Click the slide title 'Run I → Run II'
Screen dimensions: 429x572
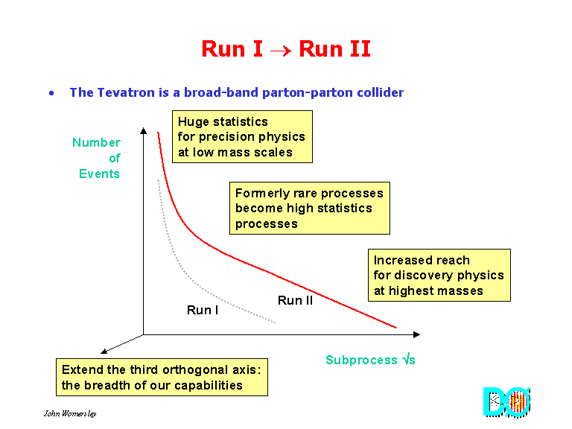pos(286,49)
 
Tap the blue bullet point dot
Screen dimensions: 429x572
pos(51,93)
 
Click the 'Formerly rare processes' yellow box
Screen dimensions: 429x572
pos(309,209)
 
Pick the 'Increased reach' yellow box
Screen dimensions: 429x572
pos(439,276)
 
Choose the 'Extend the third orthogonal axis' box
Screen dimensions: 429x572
pos(162,378)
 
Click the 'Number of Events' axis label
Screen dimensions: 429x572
pos(98,158)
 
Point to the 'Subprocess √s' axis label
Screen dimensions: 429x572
pos(370,360)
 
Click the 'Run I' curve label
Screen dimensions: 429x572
pos(203,310)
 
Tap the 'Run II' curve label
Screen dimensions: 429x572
pos(295,301)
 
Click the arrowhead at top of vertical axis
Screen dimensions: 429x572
pos(143,131)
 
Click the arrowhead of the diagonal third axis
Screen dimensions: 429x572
pos(102,351)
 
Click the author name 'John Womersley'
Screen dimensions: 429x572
pos(69,413)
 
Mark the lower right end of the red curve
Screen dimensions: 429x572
pos(395,326)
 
